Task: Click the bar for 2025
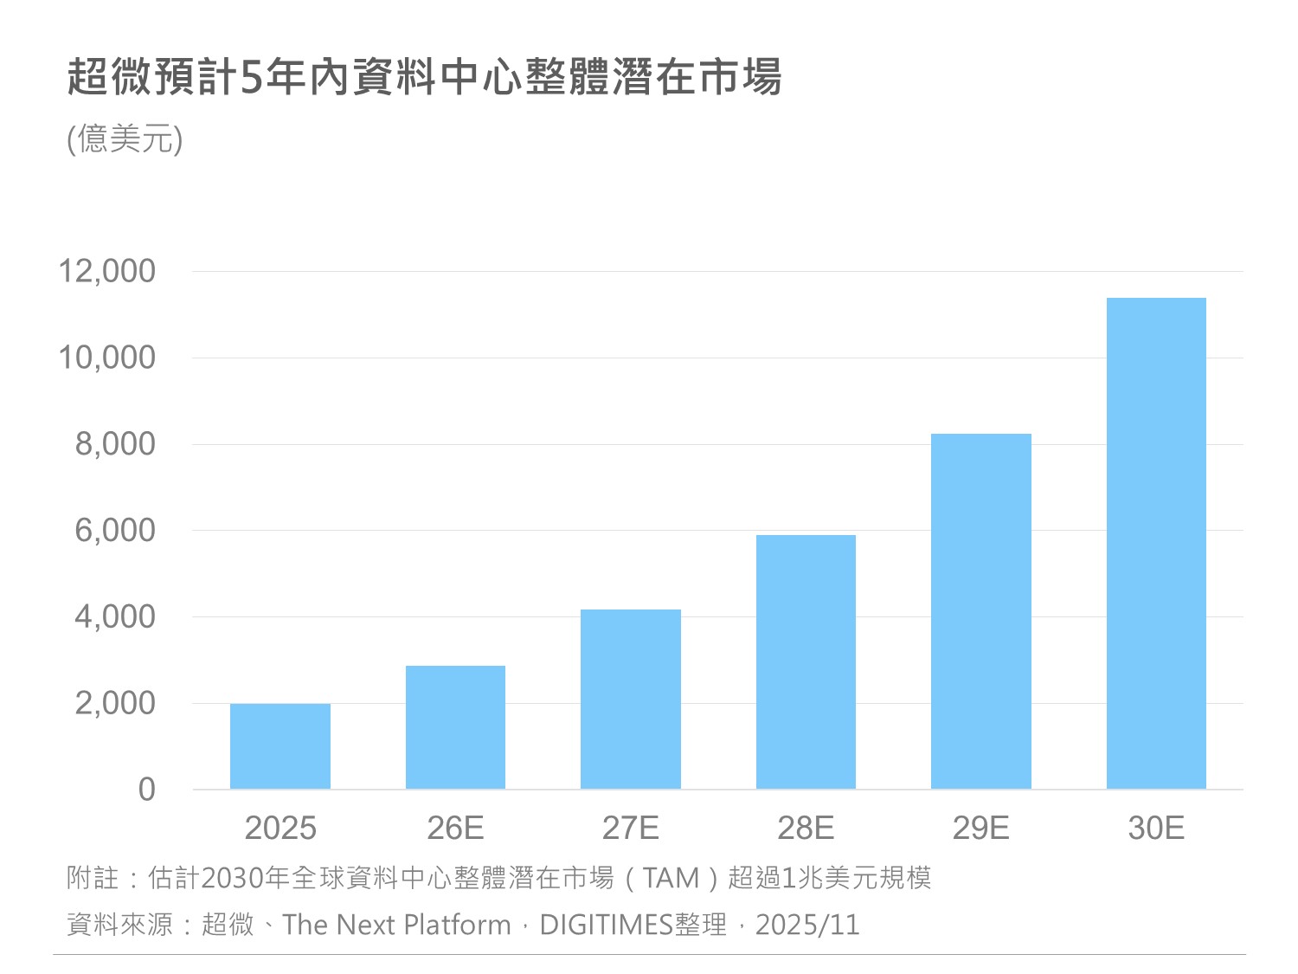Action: tap(280, 745)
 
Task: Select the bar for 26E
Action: tap(455, 726)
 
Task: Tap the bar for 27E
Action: tap(630, 699)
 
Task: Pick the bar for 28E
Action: tap(806, 661)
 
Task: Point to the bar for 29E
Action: tap(980, 610)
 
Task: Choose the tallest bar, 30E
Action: tap(1156, 543)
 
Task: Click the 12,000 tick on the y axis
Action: tap(106, 271)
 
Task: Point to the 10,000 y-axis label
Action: tap(106, 358)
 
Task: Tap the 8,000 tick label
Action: tap(115, 444)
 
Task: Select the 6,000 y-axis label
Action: tap(115, 530)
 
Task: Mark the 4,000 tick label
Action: tap(115, 616)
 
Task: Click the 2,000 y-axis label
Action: tap(115, 703)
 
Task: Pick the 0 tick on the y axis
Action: tap(147, 789)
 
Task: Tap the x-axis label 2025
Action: tap(280, 829)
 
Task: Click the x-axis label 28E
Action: tap(806, 829)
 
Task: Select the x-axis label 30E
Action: tap(1156, 829)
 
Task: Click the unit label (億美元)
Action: tap(125, 139)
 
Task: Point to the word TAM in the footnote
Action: tap(671, 878)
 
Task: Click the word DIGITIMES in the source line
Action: tap(606, 925)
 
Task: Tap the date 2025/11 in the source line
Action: tap(807, 925)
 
